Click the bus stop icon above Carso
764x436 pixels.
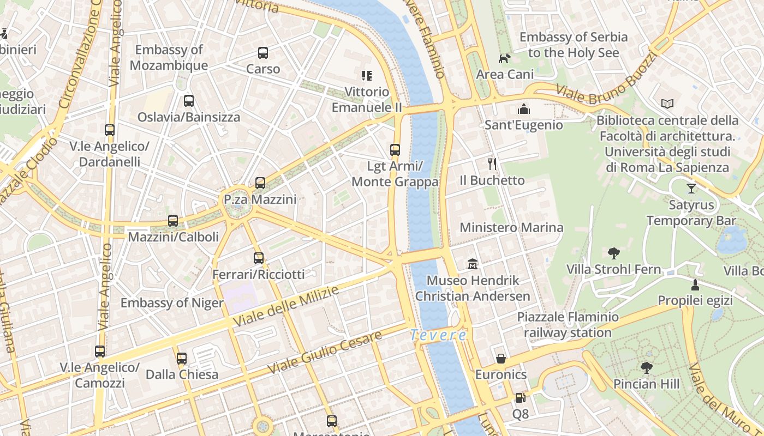coord(263,53)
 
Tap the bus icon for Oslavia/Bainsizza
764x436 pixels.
coord(189,101)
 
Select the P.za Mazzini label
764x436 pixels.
coord(260,200)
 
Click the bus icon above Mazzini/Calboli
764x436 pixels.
coord(173,221)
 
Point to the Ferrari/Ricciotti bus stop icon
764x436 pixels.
coord(259,258)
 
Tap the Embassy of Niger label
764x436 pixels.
coord(172,303)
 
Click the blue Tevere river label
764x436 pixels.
coord(438,335)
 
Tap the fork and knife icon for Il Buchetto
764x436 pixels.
coord(492,163)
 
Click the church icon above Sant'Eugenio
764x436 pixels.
coord(524,109)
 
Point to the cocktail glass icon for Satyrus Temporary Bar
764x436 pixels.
coord(691,189)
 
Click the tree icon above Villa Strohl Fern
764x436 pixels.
coord(614,253)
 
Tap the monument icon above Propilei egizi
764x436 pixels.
coord(695,284)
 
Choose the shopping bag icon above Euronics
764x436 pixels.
coord(501,359)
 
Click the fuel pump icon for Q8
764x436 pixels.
coord(520,398)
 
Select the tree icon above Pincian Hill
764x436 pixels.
coord(647,368)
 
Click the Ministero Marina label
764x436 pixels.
coord(511,227)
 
